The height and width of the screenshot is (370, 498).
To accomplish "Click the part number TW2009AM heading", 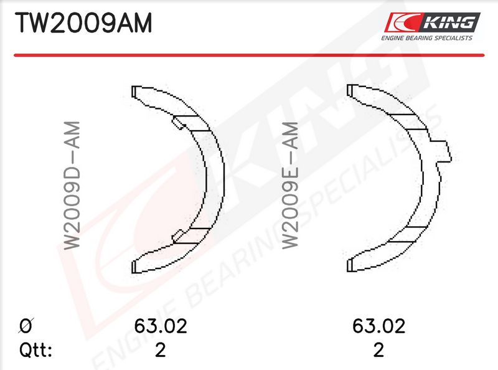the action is [83, 22].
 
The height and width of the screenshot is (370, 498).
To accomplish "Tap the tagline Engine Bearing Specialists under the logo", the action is [426, 38].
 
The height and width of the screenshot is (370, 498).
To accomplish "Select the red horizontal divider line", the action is [249, 55].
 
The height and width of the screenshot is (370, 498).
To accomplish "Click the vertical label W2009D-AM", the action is [72, 186].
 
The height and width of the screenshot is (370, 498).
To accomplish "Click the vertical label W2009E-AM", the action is [290, 186].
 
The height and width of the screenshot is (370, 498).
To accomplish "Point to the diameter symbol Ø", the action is [26, 326].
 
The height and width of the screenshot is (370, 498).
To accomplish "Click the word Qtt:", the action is [35, 350].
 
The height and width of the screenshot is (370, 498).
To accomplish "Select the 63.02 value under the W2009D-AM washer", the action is [161, 326].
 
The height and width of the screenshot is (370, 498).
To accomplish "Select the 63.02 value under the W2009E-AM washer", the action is [378, 326].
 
